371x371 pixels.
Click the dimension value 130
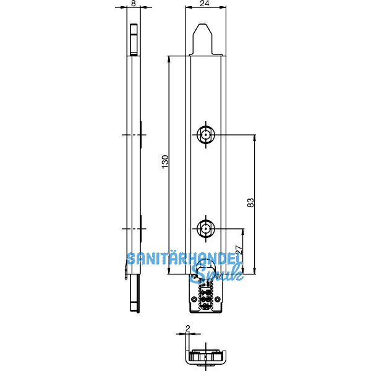pos(164,161)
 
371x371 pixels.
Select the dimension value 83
pos(250,202)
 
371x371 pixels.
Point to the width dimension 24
pos(205,4)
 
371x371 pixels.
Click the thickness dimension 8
pos(134,4)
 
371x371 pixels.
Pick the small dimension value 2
pos(187,330)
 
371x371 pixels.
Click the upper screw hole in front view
pos(205,134)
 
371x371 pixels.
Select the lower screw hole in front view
pos(205,230)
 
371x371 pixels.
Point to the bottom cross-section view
pos(206,357)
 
